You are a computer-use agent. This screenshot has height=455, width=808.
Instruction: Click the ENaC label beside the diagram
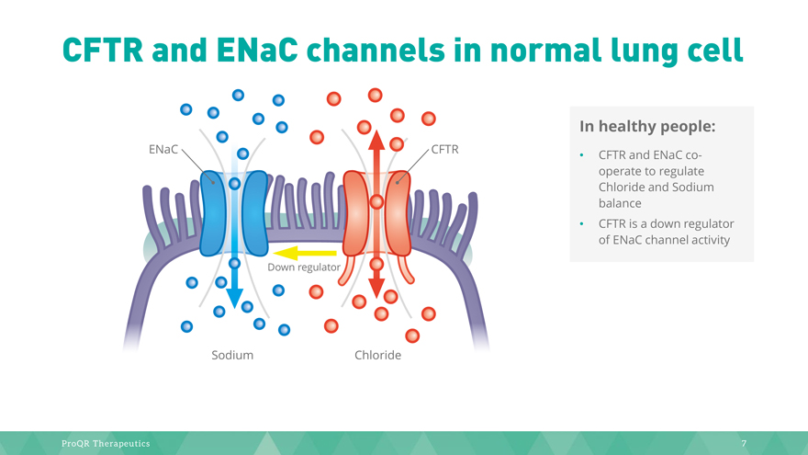(x=163, y=149)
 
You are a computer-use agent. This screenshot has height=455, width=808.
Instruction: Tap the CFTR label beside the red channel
(x=444, y=149)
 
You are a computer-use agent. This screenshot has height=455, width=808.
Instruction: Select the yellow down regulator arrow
(x=305, y=253)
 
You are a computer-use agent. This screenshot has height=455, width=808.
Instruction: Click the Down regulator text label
(x=304, y=267)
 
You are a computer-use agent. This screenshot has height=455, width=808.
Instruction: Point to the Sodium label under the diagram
(x=232, y=355)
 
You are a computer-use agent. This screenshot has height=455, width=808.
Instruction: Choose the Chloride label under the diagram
(x=377, y=355)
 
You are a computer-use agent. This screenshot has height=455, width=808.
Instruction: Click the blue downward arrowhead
(x=235, y=298)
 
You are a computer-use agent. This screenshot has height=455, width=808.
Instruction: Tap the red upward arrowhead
(x=376, y=140)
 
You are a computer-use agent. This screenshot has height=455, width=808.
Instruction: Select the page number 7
(x=744, y=444)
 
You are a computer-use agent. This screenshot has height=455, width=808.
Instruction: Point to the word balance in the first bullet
(x=620, y=203)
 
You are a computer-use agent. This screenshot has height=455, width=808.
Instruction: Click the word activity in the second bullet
(x=703, y=241)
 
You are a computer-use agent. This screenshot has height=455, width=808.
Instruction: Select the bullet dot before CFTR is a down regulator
(x=582, y=224)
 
